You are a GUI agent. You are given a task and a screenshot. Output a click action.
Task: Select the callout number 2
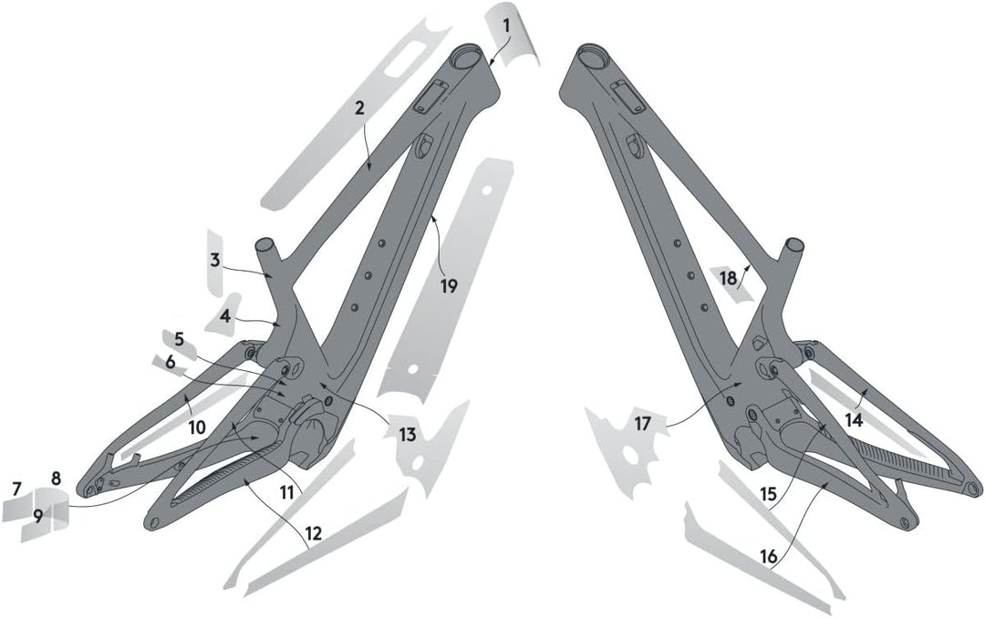coord(358,108)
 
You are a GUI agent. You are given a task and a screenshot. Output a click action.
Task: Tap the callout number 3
coord(215,260)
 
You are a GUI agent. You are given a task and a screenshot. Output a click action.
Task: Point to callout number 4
coord(225,315)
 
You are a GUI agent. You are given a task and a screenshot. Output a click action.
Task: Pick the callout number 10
coord(197,427)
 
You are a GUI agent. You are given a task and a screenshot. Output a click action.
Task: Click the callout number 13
coord(408,434)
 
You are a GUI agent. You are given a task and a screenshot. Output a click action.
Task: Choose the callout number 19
coord(449,286)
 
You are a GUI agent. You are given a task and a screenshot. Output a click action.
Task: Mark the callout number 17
coord(643,424)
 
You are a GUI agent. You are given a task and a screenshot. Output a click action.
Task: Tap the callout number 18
coord(728,278)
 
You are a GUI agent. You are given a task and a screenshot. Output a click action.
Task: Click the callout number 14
coord(854,421)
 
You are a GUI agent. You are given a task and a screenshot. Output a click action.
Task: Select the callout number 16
coord(768,556)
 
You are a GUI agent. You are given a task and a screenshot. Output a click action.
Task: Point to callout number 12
coord(313,534)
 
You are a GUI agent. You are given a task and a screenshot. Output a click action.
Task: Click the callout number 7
coord(17,488)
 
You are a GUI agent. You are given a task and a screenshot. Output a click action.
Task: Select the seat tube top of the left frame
coord(265,242)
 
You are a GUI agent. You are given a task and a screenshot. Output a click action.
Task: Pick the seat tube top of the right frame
coord(794,243)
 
